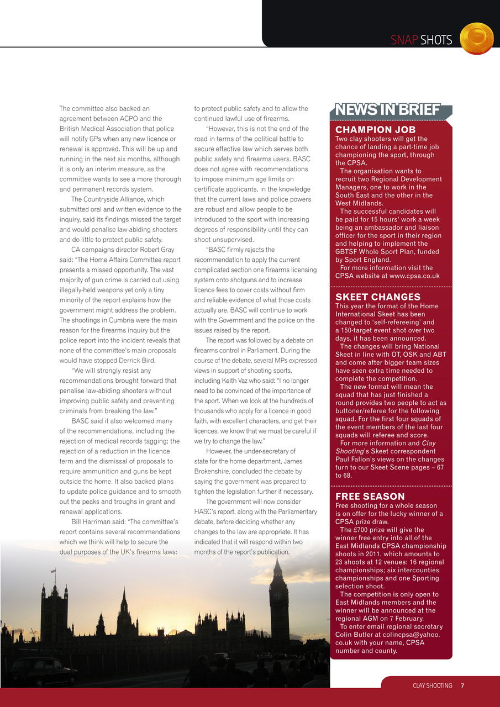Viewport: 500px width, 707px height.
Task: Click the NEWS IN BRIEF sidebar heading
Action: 388,110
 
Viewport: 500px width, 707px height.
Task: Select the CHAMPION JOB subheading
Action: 375,130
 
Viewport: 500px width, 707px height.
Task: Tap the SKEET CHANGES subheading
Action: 378,297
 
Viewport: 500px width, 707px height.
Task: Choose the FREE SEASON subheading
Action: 370,497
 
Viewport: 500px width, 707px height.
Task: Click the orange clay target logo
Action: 476,39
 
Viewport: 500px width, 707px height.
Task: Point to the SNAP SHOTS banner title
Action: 422,40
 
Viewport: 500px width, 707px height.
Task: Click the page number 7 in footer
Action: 462,685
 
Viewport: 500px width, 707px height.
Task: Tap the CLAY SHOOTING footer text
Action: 433,685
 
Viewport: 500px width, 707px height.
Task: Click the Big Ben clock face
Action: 279,588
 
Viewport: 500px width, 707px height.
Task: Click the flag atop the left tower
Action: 53,555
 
